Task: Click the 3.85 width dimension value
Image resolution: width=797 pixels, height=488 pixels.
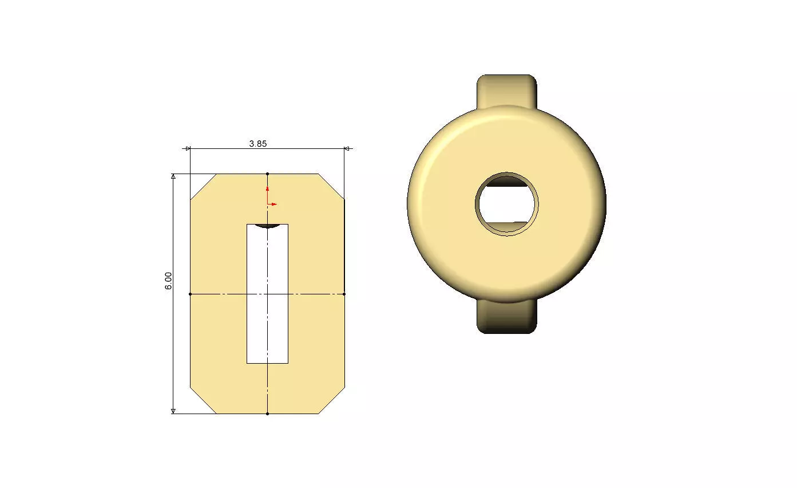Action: pos(257,144)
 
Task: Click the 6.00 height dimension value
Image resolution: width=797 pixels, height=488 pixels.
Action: pos(169,280)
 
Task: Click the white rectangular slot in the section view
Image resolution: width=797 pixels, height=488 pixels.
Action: pos(267,298)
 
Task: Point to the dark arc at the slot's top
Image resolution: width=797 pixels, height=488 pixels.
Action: pos(267,226)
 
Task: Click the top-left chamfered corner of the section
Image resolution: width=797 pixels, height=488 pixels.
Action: pos(203,186)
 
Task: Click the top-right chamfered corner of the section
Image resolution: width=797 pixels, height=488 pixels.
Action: pos(331,186)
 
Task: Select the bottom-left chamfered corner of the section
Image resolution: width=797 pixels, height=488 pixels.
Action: pos(203,400)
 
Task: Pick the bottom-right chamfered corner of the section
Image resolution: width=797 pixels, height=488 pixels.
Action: pos(332,400)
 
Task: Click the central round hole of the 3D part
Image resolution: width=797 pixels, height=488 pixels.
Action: pos(506,203)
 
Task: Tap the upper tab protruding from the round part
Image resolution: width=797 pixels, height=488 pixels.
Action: pos(506,89)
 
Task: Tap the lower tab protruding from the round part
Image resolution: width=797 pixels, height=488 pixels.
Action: pos(506,318)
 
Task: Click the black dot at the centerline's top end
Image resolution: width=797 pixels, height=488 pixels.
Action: pos(267,174)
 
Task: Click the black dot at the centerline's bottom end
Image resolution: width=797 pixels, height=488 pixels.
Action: pos(267,414)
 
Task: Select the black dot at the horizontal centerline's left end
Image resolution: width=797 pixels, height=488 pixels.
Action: pos(190,294)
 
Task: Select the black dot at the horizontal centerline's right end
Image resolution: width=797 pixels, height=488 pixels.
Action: pos(344,294)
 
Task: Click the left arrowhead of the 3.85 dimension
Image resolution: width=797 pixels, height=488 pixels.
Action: pos(188,149)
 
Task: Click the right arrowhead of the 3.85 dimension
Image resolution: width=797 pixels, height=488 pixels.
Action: pos(346,149)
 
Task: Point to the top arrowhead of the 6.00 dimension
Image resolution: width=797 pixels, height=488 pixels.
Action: pos(173,176)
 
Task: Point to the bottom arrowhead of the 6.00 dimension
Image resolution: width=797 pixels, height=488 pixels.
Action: pos(173,411)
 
